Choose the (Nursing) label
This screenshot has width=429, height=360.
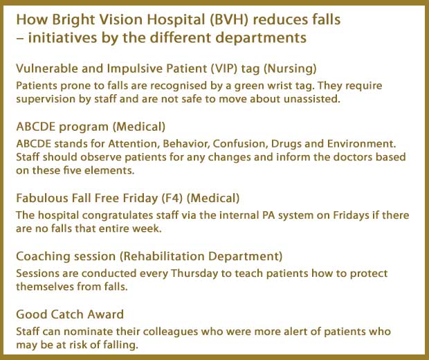(290, 69)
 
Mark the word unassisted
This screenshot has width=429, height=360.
(312, 99)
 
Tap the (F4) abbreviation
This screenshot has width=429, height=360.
(172, 198)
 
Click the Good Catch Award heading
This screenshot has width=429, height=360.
(70, 314)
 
